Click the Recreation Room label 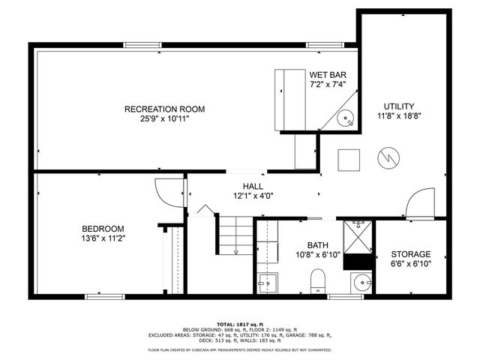tap(164, 109)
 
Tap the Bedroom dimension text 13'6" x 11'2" tap(103, 239)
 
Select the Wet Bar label tap(328, 75)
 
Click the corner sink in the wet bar tap(346, 118)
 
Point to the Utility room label tap(399, 106)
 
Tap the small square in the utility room tap(348, 160)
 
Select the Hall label tap(253, 187)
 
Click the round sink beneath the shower tap(362, 283)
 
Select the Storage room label tap(410, 254)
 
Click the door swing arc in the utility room tap(418, 202)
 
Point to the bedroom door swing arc tap(166, 190)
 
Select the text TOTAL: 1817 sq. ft tap(239, 323)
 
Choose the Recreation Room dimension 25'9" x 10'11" tap(164, 118)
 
